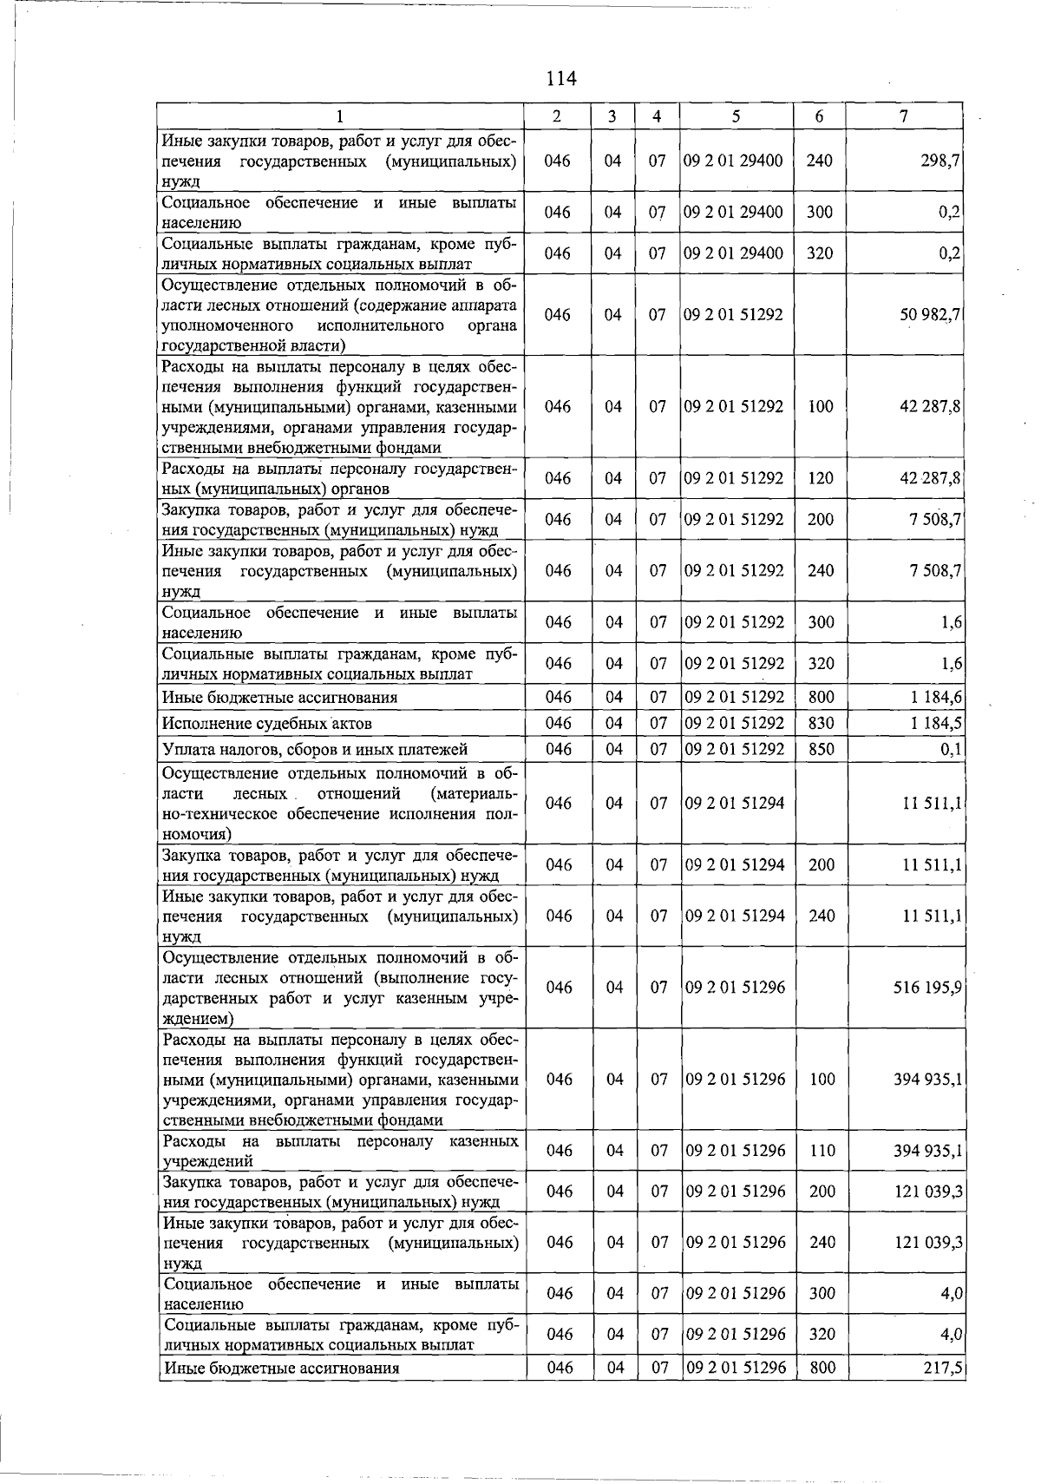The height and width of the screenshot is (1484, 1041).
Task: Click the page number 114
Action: tap(561, 79)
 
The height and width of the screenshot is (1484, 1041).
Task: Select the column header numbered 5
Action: tap(735, 116)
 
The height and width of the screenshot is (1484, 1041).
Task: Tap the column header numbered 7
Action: tap(904, 116)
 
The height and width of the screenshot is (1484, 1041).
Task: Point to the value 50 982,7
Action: tap(929, 315)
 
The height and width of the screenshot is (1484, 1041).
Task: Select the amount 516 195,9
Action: tap(926, 988)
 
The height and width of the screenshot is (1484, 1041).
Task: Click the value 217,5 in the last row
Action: tap(943, 1368)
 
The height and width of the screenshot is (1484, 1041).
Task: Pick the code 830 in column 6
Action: tap(821, 723)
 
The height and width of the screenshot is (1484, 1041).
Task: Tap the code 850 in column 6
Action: tap(821, 749)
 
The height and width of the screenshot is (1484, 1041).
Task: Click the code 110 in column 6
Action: tap(822, 1151)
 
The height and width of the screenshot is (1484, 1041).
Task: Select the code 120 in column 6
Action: tap(820, 478)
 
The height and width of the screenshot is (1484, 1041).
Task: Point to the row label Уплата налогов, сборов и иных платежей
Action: tap(315, 749)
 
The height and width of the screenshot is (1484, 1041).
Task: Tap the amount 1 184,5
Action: tap(935, 723)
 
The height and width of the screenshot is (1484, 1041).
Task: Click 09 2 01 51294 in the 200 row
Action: tap(735, 864)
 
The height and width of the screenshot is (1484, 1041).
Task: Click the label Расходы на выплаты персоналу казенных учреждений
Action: tap(340, 1151)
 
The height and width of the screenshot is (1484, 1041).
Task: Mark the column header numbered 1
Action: tap(341, 116)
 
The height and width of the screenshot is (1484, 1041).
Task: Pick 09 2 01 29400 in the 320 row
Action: tap(734, 253)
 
